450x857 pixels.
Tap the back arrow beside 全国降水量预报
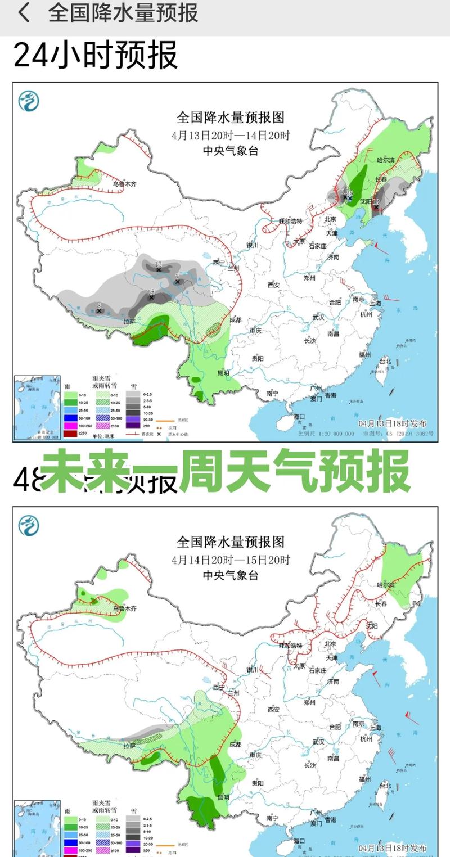24,13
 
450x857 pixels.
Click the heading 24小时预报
96,55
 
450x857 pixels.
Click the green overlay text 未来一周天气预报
225,471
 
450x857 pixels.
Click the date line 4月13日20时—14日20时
231,136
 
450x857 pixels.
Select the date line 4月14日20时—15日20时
231,560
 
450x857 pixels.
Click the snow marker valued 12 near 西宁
159,269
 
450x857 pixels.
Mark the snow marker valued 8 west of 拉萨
100,310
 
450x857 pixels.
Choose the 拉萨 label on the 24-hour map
129,322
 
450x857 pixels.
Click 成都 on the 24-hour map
236,319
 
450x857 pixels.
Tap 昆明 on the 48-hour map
223,797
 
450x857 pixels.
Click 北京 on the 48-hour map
330,643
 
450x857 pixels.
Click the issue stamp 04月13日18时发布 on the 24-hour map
392,423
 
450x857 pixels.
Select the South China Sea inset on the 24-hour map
37,407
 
